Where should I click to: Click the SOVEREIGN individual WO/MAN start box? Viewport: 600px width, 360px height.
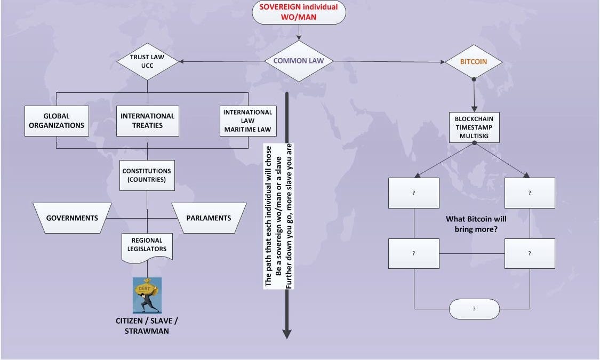[x=299, y=12]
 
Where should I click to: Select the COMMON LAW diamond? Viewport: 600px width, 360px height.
[x=299, y=61]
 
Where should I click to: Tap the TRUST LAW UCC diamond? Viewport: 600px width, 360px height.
[x=148, y=61]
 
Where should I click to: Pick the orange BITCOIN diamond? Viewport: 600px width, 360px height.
[x=474, y=62]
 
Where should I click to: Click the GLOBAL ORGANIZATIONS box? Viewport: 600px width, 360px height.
[x=57, y=121]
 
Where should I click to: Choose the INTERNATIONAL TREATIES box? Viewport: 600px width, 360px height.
[x=148, y=121]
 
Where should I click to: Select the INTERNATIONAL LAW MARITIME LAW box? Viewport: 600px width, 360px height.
[x=247, y=121]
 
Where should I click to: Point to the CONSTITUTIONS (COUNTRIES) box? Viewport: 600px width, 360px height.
[x=147, y=175]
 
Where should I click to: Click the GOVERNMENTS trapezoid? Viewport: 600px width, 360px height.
[x=72, y=218]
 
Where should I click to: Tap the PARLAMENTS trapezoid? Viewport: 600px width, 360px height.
[x=209, y=218]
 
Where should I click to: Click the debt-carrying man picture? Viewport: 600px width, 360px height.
[x=147, y=295]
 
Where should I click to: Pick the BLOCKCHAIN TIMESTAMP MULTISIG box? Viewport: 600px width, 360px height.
[x=474, y=127]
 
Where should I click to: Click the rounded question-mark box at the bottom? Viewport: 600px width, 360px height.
[x=474, y=309]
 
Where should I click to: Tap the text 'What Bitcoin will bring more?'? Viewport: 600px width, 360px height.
[x=476, y=224]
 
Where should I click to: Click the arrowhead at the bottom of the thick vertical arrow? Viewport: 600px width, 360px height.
[x=287, y=334]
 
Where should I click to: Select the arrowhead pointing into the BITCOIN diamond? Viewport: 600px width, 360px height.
[x=442, y=62]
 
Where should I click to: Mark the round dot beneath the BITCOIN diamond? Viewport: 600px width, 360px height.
[x=474, y=79]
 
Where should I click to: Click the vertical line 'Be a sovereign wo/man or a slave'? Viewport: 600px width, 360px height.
[x=279, y=215]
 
